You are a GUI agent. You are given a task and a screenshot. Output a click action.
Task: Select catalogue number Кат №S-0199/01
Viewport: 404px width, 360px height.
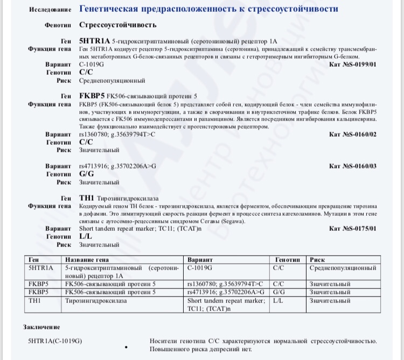pos(352,64)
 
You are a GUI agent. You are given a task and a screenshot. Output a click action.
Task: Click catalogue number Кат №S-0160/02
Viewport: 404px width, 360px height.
pos(352,135)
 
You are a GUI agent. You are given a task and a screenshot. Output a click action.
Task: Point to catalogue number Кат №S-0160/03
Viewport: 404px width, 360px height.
pos(352,167)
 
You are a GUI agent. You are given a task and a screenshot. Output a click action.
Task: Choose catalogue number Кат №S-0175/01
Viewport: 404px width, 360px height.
pos(352,229)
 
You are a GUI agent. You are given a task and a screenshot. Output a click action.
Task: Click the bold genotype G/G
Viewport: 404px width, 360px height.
pos(86,175)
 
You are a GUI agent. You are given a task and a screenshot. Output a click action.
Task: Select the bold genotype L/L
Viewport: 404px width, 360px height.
pos(85,237)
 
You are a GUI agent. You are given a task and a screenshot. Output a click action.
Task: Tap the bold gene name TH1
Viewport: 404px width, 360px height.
pos(86,199)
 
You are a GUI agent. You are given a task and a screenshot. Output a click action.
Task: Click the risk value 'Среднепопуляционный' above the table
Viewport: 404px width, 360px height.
pos(112,80)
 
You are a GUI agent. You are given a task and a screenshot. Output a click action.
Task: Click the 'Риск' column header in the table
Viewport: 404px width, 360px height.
pos(317,259)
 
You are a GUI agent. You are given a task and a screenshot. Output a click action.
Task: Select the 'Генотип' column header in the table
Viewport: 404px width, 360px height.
pos(287,259)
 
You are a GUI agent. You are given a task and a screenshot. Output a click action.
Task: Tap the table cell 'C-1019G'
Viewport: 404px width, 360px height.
pos(199,267)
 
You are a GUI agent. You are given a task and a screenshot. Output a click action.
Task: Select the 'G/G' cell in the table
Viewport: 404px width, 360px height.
pos(278,292)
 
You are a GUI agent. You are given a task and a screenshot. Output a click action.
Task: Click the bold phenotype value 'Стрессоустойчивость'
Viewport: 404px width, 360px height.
pos(118,25)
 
